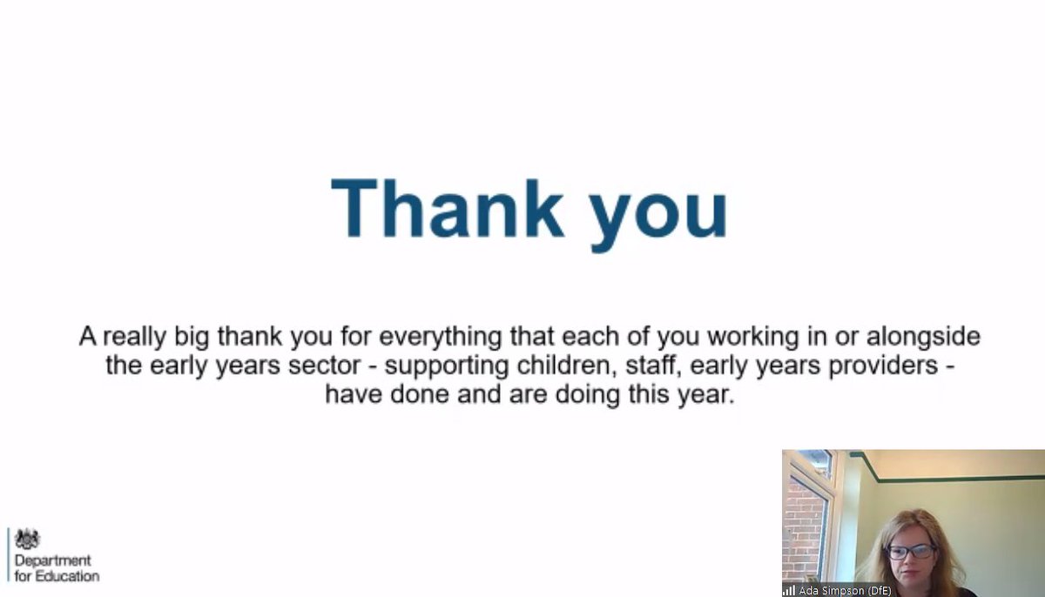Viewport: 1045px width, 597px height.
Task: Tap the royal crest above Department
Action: pyautogui.click(x=28, y=540)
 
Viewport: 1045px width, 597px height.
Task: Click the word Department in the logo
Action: pyautogui.click(x=52, y=561)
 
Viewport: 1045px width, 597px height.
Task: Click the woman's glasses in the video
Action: pyautogui.click(x=910, y=551)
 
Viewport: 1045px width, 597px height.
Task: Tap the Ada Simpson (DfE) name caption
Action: pyautogui.click(x=845, y=591)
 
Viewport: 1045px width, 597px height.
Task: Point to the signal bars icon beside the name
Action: pyautogui.click(x=789, y=591)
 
